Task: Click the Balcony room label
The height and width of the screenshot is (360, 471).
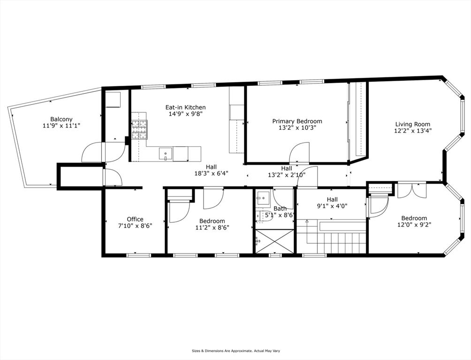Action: tap(61, 119)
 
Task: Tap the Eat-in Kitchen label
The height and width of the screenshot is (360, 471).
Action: tap(186, 107)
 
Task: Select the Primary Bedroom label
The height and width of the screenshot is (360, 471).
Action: tap(297, 121)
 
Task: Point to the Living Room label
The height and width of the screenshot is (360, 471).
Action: tap(413, 124)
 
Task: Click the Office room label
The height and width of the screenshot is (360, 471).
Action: tap(135, 219)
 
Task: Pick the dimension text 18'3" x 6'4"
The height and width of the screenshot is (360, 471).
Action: tap(212, 173)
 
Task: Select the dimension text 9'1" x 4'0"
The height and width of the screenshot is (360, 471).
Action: tap(332, 206)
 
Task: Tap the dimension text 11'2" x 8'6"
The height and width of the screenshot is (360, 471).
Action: tap(213, 228)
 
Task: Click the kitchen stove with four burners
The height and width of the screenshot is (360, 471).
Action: tap(140, 130)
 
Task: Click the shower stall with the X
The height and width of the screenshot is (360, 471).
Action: tap(274, 242)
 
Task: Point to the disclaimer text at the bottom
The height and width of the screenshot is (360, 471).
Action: tap(236, 351)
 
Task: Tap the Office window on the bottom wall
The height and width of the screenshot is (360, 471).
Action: tap(138, 255)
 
